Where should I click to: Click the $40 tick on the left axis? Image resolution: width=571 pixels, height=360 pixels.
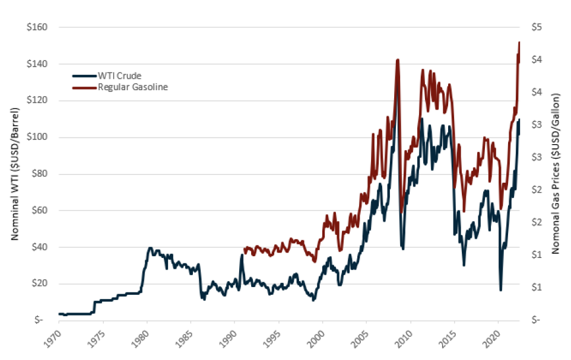point(46,247)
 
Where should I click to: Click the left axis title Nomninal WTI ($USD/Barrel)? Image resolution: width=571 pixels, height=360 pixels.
point(14,174)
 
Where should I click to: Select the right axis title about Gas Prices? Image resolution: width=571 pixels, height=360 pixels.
point(556,174)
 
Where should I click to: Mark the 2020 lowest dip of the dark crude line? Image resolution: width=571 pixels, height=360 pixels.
point(500,290)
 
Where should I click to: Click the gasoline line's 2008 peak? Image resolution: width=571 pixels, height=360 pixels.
point(397,59)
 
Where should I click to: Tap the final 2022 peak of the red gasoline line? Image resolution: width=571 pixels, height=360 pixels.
point(519,43)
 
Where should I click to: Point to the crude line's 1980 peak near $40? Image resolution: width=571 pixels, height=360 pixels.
point(150,248)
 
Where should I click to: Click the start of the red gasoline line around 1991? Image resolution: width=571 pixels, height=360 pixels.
point(244,249)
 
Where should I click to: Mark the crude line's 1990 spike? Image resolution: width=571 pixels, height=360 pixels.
point(242,256)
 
